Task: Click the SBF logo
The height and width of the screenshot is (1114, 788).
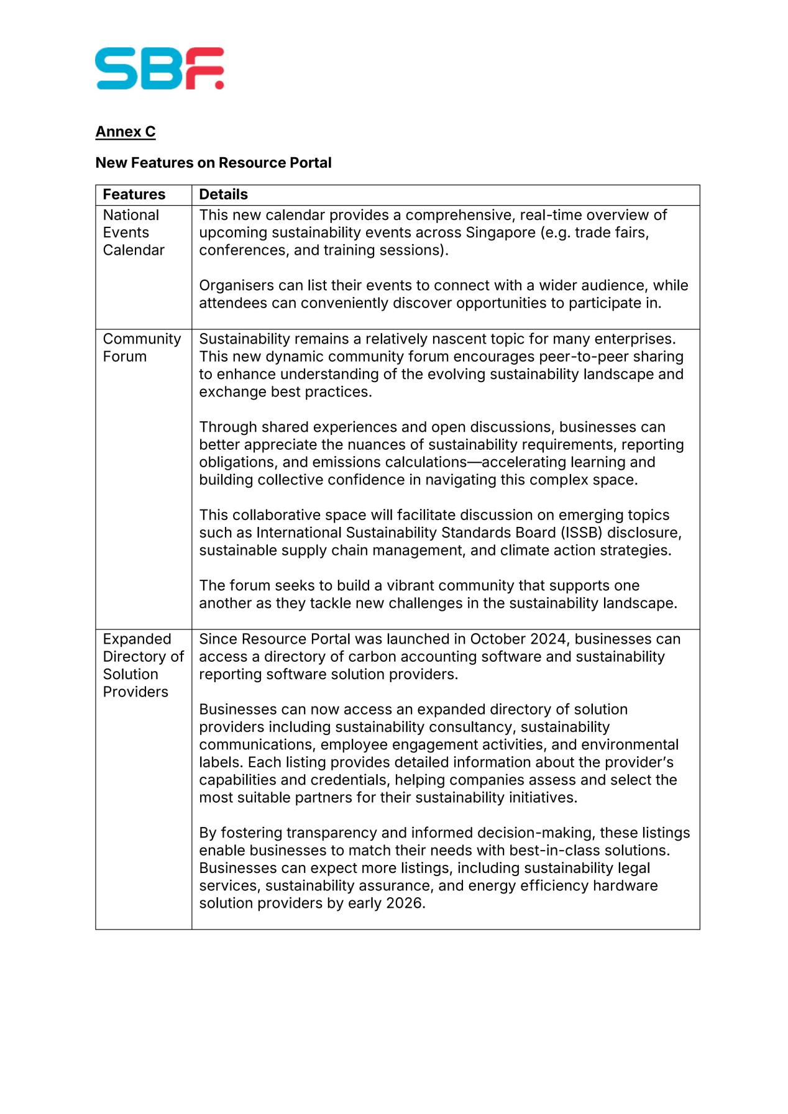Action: tap(159, 68)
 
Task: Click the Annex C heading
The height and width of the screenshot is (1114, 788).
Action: tap(126, 132)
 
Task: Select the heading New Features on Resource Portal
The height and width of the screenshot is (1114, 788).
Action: tap(213, 163)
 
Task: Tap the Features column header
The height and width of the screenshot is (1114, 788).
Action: tap(134, 194)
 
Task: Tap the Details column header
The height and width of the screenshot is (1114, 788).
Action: tap(223, 194)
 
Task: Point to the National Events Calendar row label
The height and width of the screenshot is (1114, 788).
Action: tap(133, 232)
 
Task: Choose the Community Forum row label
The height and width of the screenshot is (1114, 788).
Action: tap(141, 347)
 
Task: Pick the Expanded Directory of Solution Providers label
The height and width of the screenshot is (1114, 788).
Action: tap(143, 665)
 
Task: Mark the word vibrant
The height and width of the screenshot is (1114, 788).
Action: tap(415, 585)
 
